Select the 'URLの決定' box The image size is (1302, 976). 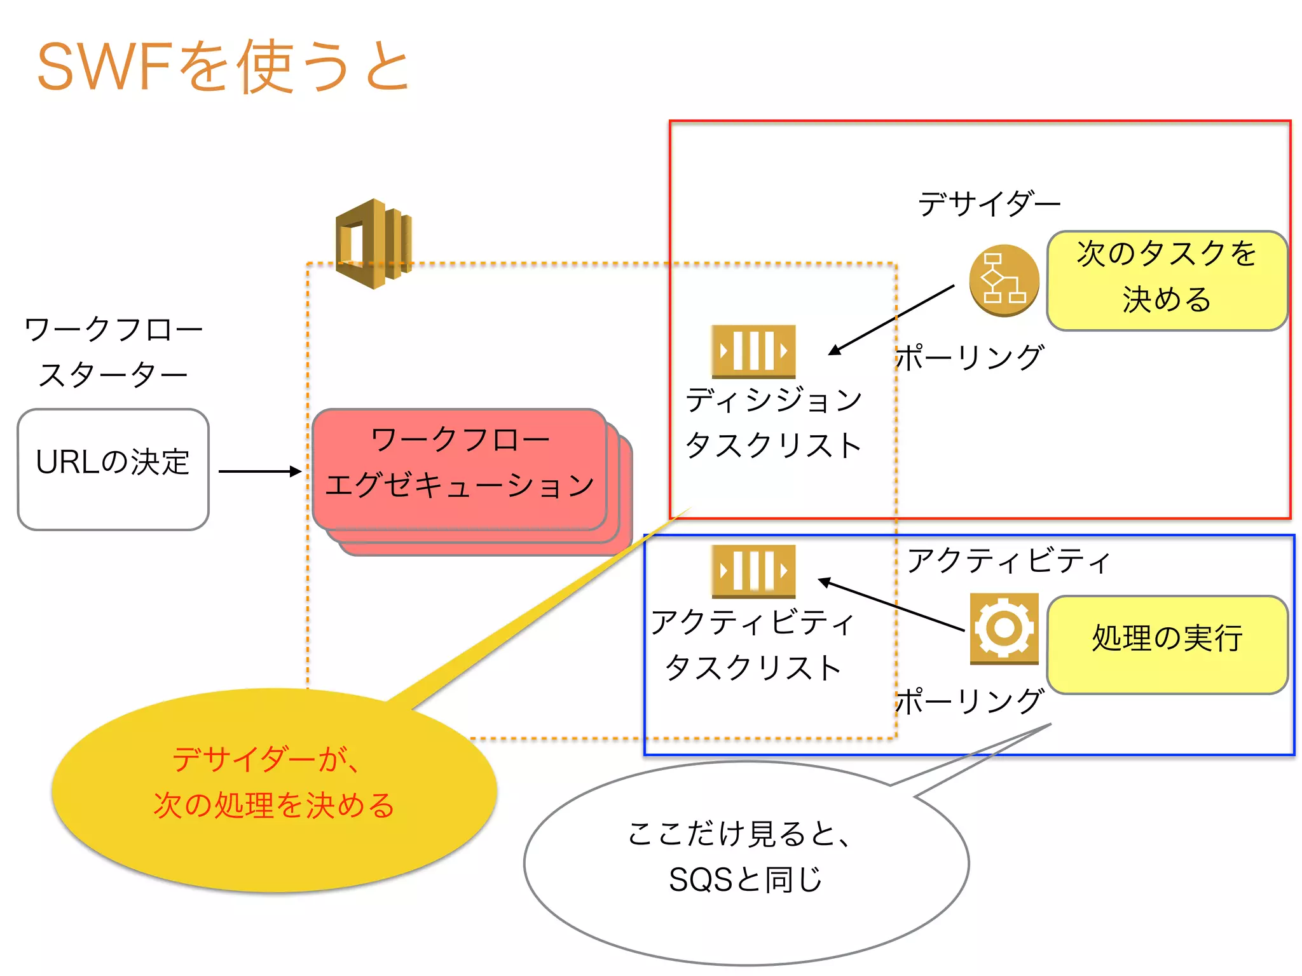pyautogui.click(x=113, y=469)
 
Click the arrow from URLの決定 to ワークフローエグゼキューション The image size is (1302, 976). pyautogui.click(x=259, y=471)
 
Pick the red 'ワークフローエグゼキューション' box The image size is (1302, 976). pyautogui.click(x=459, y=469)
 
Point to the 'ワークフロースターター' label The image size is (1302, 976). pyautogui.click(x=113, y=351)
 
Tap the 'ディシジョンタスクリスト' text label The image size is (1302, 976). pyautogui.click(x=774, y=423)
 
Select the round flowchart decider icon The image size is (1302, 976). pyautogui.click(x=1004, y=280)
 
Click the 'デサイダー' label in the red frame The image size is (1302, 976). pyautogui.click(x=989, y=204)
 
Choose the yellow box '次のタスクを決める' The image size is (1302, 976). pyautogui.click(x=1167, y=280)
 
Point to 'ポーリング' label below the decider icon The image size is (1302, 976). pyautogui.click(x=970, y=358)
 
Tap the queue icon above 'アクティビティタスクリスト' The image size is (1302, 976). pyautogui.click(x=753, y=571)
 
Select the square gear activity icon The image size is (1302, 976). pyautogui.click(x=1004, y=628)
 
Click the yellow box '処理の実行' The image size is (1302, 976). pyautogui.click(x=1167, y=644)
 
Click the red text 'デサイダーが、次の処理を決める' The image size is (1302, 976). pyautogui.click(x=273, y=783)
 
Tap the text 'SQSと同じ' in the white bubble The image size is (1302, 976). pyautogui.click(x=745, y=880)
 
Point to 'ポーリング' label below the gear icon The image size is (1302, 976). pyautogui.click(x=970, y=701)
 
